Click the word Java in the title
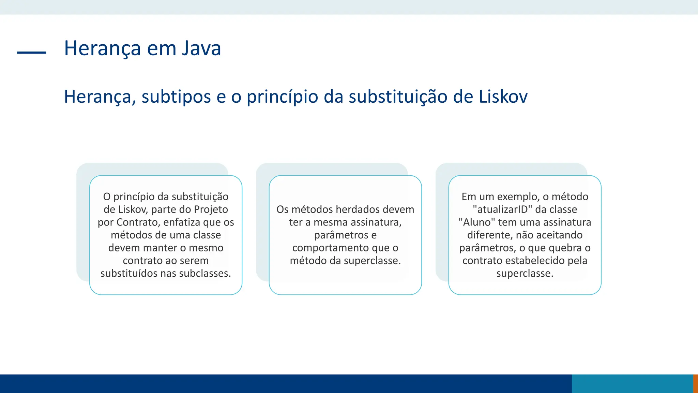pyautogui.click(x=201, y=48)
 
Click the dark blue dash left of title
pyautogui.click(x=31, y=53)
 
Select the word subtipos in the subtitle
pyautogui.click(x=176, y=97)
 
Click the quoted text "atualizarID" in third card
pyautogui.click(x=502, y=209)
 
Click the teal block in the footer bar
pyautogui.click(x=632, y=383)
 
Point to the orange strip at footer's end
pyautogui.click(x=696, y=383)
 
